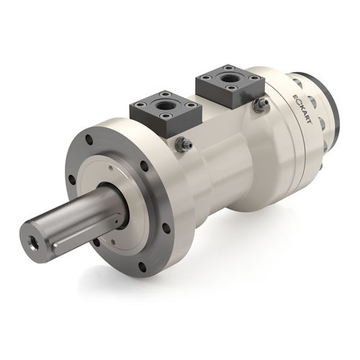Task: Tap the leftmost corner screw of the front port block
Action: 138,108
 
